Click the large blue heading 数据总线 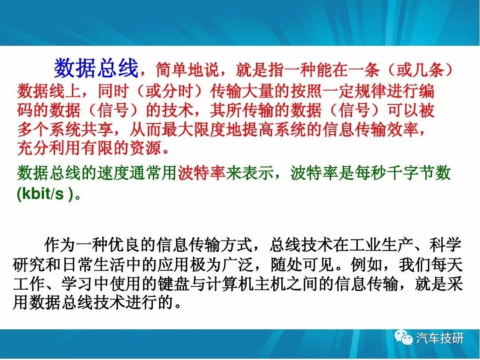click(96, 68)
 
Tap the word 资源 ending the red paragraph click(145, 148)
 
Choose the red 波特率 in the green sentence click(202, 173)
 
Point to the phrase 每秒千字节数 click(402, 173)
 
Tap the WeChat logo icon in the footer click(403, 338)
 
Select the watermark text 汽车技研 click(440, 338)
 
